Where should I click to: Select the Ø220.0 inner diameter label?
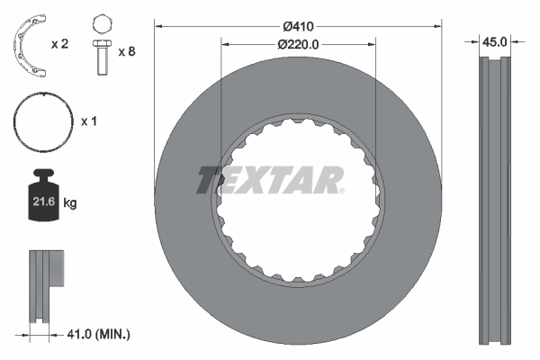(x=299, y=44)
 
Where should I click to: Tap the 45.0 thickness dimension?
(x=494, y=40)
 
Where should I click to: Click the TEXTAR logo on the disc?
(x=270, y=179)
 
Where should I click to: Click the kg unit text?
(x=71, y=203)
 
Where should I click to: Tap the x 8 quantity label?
(x=126, y=51)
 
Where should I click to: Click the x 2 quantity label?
(x=60, y=43)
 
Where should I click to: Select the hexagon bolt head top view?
(x=102, y=22)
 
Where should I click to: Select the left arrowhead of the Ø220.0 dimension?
(x=225, y=44)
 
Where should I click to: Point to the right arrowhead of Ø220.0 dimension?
(x=372, y=44)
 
